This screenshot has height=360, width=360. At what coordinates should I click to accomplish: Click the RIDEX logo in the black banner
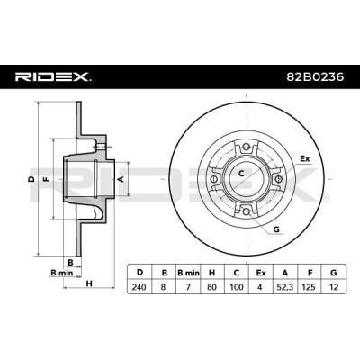pyautogui.click(x=53, y=77)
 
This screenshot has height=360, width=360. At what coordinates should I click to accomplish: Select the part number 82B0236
pyautogui.click(x=315, y=77)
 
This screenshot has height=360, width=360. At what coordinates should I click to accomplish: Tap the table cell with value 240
pyautogui.click(x=139, y=287)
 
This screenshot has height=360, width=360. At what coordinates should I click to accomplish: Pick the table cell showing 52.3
pyautogui.click(x=285, y=287)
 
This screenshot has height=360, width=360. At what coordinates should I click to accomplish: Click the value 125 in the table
pyautogui.click(x=309, y=287)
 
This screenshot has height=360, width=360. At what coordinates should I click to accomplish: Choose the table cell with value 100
pyautogui.click(x=237, y=287)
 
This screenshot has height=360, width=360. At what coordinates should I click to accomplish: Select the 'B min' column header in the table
pyautogui.click(x=188, y=273)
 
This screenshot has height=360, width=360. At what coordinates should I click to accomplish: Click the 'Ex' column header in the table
pyautogui.click(x=261, y=273)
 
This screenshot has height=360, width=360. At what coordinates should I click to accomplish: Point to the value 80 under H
pyautogui.click(x=212, y=287)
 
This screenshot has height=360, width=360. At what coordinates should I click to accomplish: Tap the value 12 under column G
pyautogui.click(x=333, y=287)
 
